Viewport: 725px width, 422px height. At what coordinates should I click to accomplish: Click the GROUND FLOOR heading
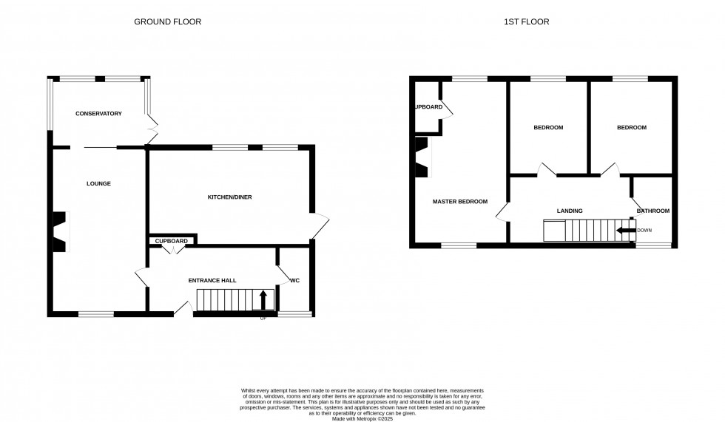(x=167, y=21)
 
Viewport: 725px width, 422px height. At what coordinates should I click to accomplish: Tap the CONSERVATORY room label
(x=98, y=113)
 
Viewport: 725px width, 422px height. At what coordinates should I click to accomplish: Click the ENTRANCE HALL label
(x=212, y=281)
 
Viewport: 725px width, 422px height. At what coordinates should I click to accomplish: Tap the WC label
(x=294, y=281)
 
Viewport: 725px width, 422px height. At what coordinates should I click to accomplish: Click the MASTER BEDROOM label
(x=460, y=201)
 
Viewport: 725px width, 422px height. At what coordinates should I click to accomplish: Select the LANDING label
(x=570, y=211)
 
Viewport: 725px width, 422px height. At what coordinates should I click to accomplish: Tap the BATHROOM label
(x=653, y=211)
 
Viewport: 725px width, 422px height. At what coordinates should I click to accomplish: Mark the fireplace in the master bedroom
(x=422, y=157)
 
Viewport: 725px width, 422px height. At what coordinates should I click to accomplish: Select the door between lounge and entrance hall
(x=142, y=280)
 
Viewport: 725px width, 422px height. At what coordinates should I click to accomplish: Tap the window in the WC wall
(x=294, y=315)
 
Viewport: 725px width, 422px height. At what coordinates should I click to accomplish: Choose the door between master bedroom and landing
(x=502, y=211)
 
